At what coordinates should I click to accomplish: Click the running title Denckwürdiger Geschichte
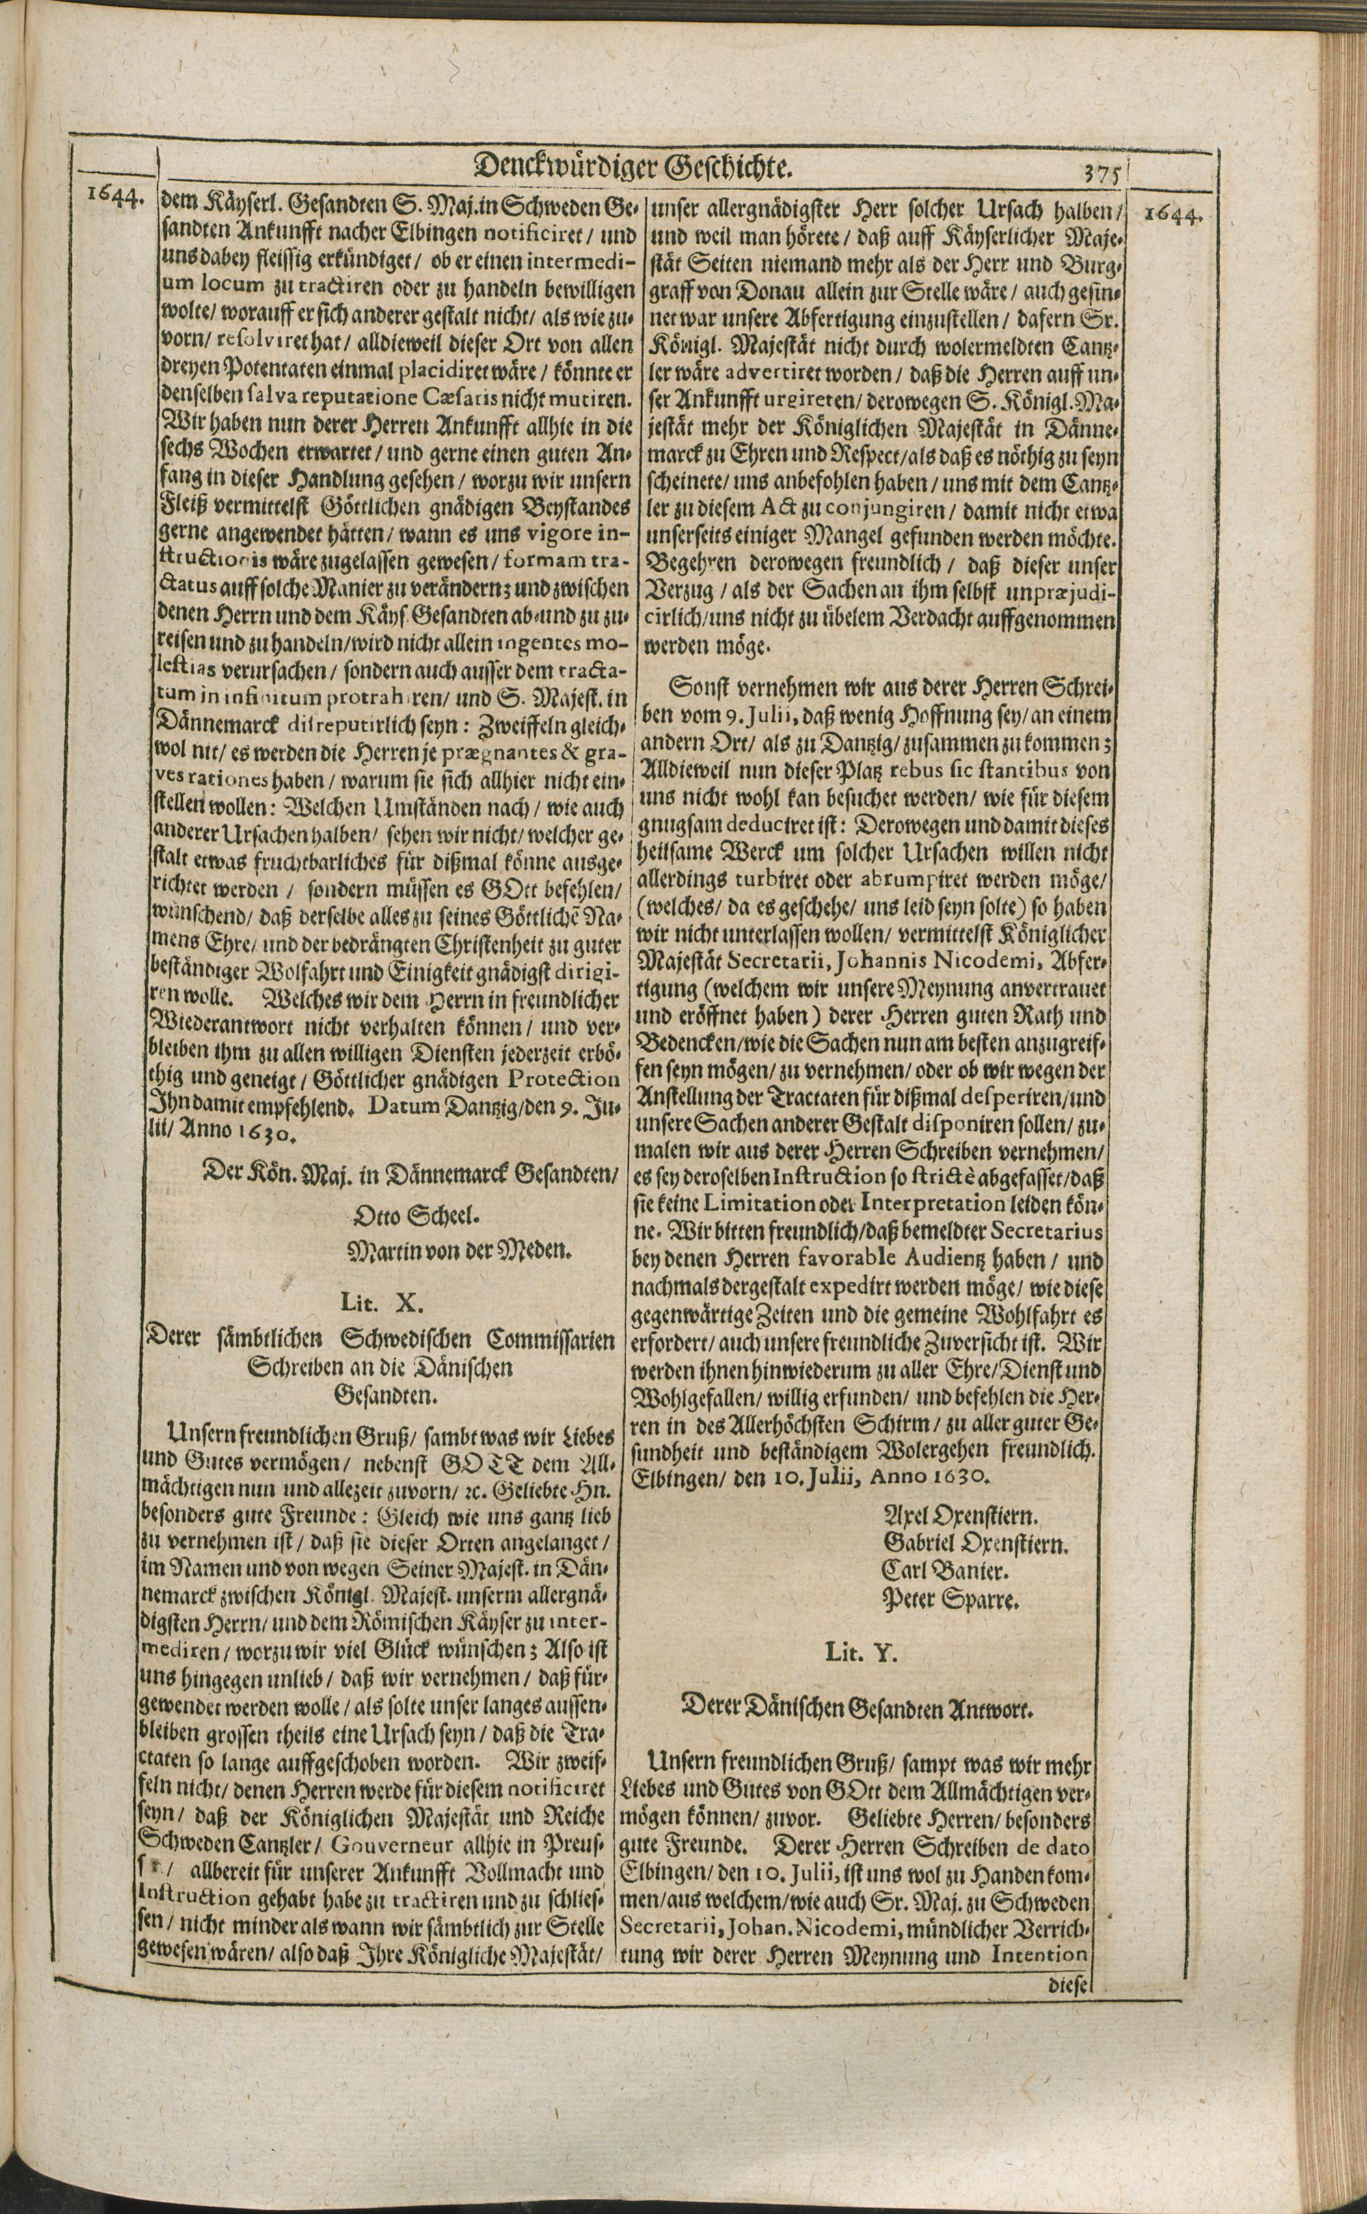click(x=633, y=167)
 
